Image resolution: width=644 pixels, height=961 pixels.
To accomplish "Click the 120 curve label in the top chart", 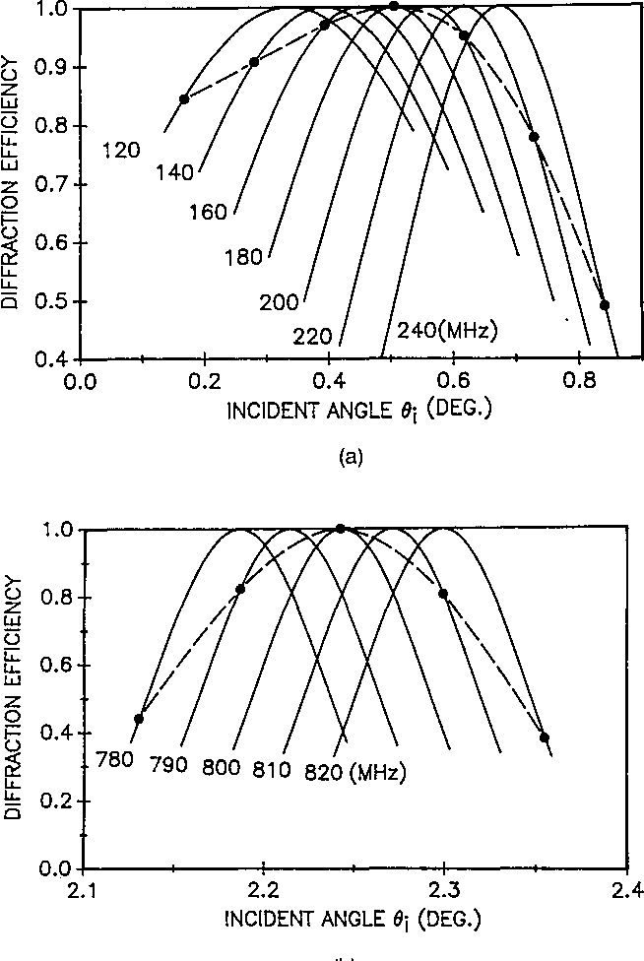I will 122,150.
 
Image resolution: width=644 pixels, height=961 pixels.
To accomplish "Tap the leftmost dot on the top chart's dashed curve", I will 184,98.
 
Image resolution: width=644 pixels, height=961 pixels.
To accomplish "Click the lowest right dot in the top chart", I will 605,305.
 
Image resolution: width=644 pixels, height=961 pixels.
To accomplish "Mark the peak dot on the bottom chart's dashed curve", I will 341,529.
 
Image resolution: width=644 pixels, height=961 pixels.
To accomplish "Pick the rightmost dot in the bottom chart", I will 544,737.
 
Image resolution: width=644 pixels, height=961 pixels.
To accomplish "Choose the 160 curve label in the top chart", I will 209,210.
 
